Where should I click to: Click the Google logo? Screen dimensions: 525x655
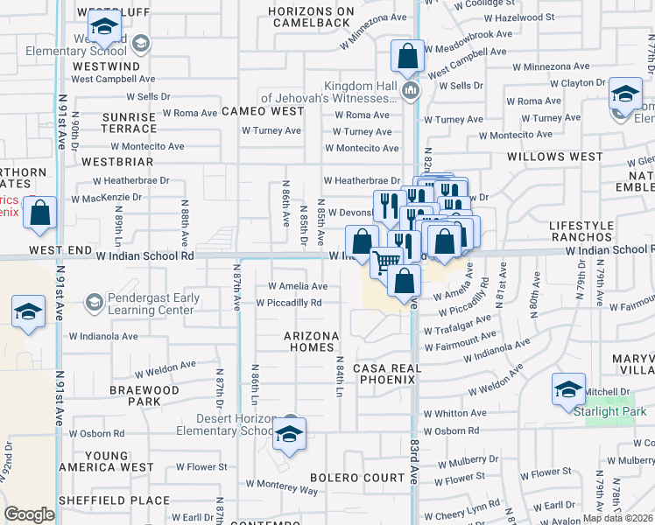[29, 514]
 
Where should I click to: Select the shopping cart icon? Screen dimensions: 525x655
[386, 261]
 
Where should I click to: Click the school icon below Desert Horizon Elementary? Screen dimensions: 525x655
[288, 433]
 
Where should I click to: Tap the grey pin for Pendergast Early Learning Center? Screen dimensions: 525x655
[94, 303]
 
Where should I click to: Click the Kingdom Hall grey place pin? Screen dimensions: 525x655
[409, 91]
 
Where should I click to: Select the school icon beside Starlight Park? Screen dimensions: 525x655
[568, 388]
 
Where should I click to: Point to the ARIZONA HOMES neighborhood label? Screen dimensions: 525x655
[311, 341]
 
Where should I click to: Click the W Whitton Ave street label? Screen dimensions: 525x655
[454, 413]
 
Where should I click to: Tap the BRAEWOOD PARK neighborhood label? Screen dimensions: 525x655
[144, 395]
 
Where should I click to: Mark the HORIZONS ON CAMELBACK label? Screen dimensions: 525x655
[312, 17]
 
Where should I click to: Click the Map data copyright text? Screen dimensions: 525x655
[618, 518]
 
